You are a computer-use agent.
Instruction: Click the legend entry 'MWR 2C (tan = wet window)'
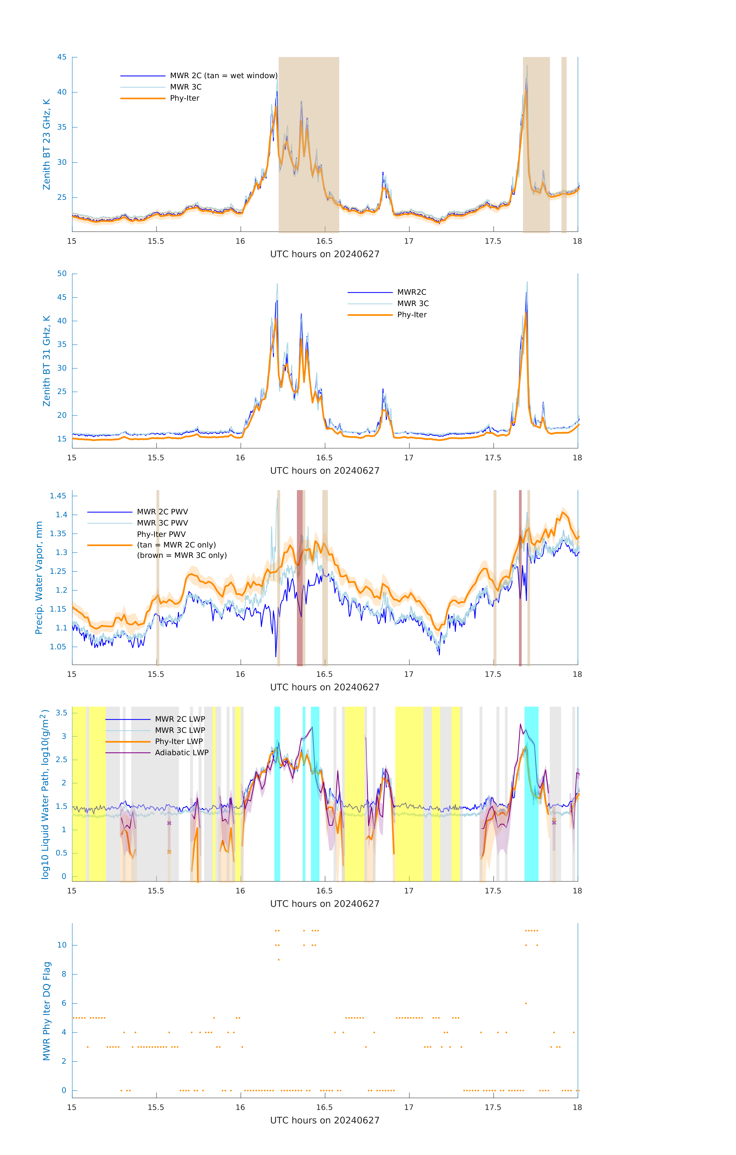point(223,76)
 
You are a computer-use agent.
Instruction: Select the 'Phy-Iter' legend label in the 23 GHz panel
point(185,98)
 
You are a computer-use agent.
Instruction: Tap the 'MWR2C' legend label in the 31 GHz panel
point(411,292)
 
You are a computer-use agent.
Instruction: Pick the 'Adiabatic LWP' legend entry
point(182,752)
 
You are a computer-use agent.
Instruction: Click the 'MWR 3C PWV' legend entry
point(163,523)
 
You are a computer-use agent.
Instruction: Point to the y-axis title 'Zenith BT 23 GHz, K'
point(47,144)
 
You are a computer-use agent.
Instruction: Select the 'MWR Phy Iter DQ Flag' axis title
point(47,1011)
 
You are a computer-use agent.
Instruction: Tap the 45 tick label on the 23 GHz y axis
point(62,57)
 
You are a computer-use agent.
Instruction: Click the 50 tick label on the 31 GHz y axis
point(62,274)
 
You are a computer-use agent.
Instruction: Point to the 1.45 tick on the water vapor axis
point(58,496)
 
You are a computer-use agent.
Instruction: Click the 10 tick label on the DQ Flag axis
point(62,945)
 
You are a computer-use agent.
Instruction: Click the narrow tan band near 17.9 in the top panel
point(564,144)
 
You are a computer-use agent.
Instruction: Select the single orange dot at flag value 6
point(526,1003)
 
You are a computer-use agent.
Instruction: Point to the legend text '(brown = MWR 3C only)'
point(182,555)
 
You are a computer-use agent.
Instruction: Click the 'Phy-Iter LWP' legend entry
point(179,742)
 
